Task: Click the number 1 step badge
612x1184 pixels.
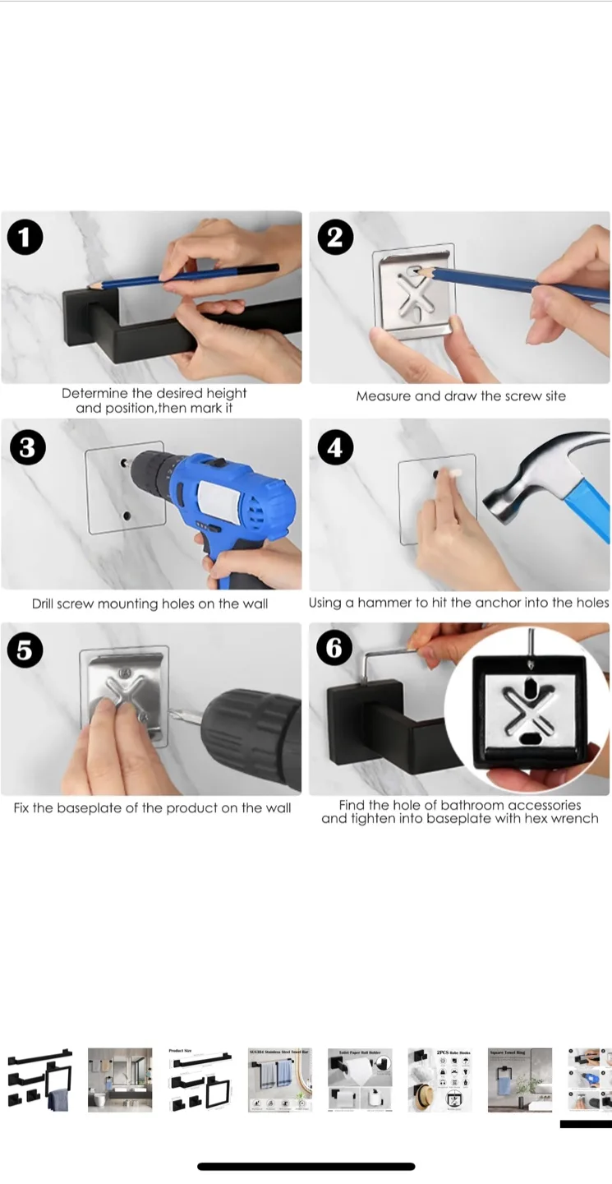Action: coord(25,238)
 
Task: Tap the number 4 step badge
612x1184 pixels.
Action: coord(334,448)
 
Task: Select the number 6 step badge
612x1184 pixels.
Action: coord(334,649)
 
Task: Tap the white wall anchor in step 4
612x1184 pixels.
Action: coord(451,474)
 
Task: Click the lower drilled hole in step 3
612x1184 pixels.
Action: coord(127,516)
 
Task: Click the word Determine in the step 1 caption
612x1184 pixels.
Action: coord(94,394)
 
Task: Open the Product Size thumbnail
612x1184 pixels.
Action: coord(200,1080)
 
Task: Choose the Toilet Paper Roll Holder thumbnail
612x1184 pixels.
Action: coord(360,1080)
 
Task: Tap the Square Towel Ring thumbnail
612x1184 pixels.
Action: coord(520,1080)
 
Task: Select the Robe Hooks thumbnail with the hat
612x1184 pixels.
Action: coord(439,1080)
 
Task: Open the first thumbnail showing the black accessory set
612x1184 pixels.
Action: coord(40,1080)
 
